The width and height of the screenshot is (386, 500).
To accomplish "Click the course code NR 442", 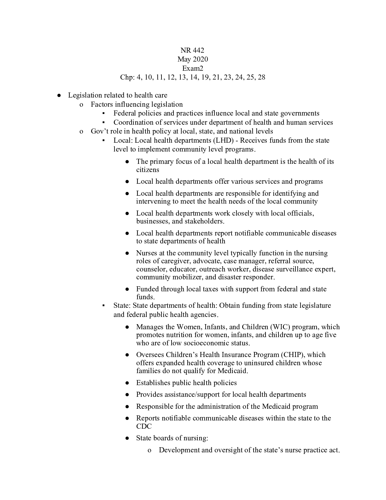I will [x=192, y=51].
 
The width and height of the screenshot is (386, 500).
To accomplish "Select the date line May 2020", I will [x=193, y=59].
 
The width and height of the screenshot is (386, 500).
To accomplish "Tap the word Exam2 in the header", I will [x=193, y=68].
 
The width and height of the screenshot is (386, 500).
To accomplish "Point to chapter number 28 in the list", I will [x=261, y=77].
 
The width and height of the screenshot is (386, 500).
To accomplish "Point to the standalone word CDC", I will [x=144, y=426].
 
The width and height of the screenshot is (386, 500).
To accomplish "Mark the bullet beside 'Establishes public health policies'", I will [x=127, y=383].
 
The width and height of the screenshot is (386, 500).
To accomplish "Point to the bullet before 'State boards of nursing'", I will [x=127, y=438].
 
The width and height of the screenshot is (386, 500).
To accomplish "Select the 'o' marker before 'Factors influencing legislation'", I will [x=81, y=104].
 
